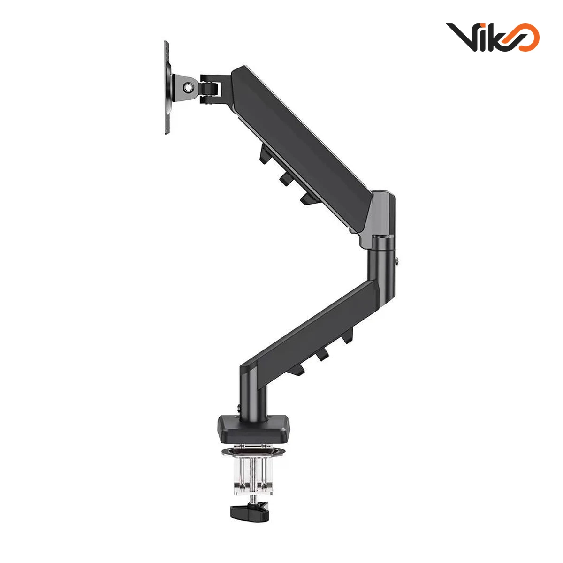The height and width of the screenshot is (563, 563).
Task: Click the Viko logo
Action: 493,38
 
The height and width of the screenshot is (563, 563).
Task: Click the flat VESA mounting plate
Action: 167,88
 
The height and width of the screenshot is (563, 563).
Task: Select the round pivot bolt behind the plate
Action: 187,87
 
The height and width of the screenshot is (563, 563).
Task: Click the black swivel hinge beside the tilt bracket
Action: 210,89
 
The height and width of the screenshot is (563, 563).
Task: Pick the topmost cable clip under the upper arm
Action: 265,155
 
